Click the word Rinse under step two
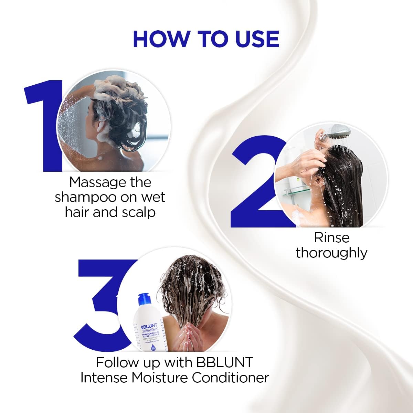coord(331,237)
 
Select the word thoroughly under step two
coord(331,253)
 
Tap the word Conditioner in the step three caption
coord(230,378)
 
